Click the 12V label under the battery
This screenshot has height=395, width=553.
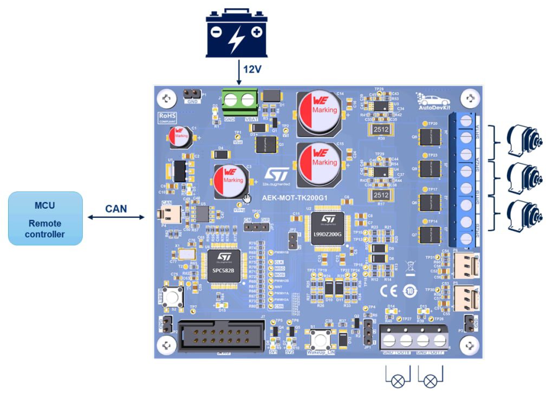click(252, 69)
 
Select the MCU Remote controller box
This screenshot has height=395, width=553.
click(45, 218)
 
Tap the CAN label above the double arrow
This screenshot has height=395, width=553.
click(116, 208)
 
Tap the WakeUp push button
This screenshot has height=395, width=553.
click(317, 338)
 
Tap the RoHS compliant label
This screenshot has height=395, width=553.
click(166, 118)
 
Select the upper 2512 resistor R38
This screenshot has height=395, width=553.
click(382, 129)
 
